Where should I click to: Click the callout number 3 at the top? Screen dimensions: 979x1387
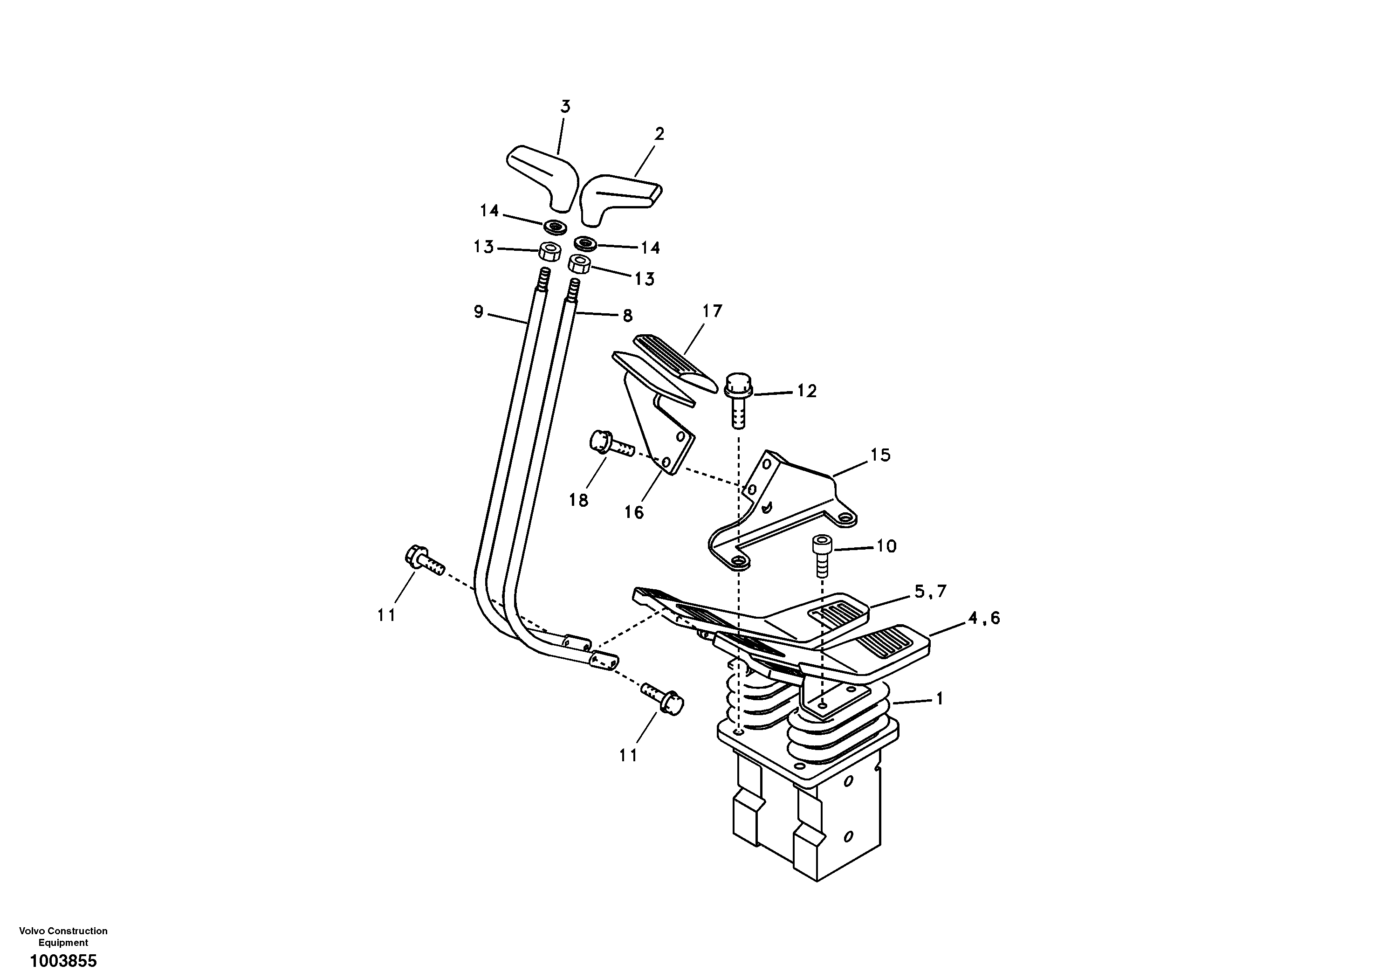pos(565,107)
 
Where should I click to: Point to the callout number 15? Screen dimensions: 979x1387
pos(880,455)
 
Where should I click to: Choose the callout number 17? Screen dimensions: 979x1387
pos(712,311)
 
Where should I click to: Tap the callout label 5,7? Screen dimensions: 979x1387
pos(930,592)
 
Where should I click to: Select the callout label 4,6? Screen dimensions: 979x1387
pos(983,618)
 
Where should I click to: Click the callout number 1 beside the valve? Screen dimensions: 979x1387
pos(939,699)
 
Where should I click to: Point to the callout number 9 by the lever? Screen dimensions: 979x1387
pos(479,312)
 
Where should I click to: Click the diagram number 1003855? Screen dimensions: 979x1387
pos(63,961)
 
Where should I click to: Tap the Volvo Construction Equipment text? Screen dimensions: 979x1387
pos(63,936)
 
